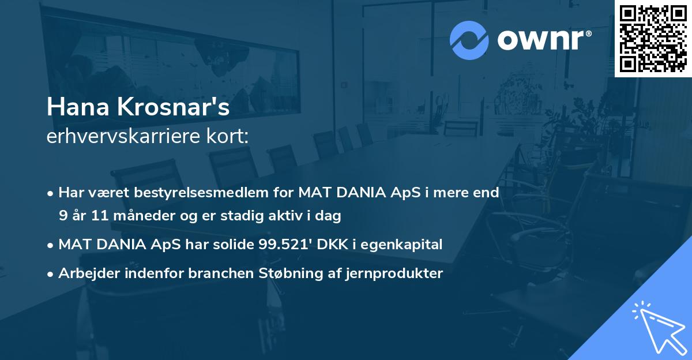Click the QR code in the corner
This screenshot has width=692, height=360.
653,39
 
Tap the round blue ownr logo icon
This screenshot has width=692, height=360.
469,40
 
